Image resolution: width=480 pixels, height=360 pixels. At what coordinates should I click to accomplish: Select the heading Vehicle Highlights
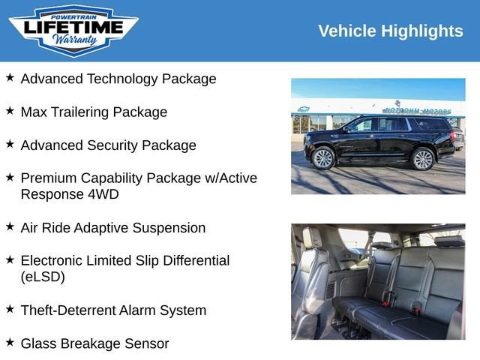(390, 31)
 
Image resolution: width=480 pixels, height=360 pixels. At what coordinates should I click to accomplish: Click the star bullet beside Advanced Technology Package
(10, 78)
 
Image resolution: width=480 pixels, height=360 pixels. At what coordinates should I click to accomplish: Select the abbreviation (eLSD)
(43, 277)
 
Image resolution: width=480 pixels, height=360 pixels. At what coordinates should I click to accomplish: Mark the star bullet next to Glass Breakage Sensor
(10, 343)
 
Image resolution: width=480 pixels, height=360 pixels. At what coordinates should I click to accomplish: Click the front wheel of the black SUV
(323, 157)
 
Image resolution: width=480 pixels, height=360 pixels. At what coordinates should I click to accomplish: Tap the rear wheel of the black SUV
(423, 158)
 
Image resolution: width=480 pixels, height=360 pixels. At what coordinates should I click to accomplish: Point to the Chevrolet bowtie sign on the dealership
(304, 109)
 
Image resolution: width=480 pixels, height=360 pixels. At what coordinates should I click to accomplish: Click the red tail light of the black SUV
(452, 136)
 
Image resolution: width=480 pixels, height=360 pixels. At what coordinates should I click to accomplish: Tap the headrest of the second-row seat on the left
(313, 238)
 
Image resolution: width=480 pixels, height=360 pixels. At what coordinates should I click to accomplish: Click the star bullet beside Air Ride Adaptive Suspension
(10, 226)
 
